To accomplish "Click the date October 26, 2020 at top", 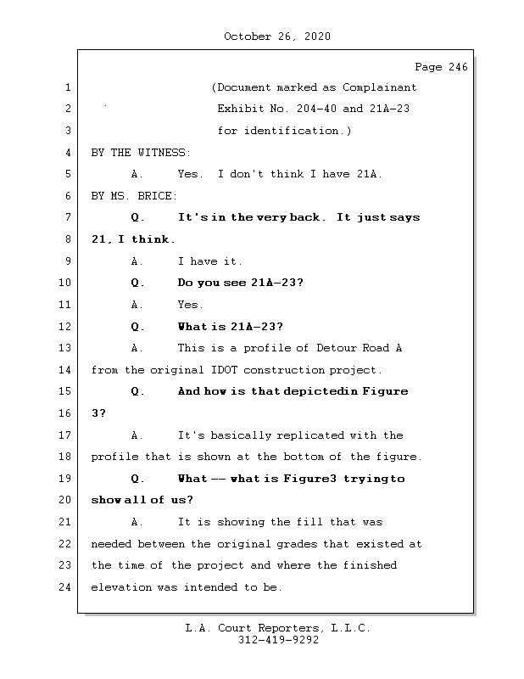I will tap(276, 36).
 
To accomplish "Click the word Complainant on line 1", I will tap(379, 87).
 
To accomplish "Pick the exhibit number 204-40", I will tap(313, 109).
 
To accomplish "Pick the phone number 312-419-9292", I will tap(276, 641).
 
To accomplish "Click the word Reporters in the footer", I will tap(283, 628).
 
